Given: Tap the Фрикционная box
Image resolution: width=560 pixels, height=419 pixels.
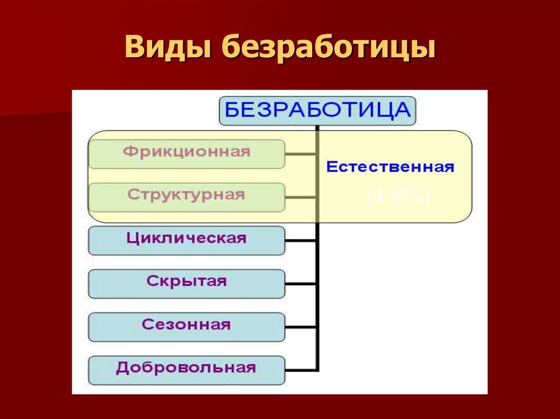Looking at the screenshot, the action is (186, 154).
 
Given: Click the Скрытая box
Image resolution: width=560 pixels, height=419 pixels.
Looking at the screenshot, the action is (186, 284).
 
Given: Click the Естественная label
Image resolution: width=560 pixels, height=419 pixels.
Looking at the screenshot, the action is (390, 167).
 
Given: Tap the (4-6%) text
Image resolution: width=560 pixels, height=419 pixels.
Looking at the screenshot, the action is (398, 197).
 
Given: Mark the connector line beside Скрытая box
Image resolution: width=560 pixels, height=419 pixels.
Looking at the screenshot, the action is (301, 284).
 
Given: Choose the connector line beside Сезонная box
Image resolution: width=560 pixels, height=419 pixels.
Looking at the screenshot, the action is (301, 327).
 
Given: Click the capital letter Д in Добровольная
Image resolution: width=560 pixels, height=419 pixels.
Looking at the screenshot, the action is (122, 368).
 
